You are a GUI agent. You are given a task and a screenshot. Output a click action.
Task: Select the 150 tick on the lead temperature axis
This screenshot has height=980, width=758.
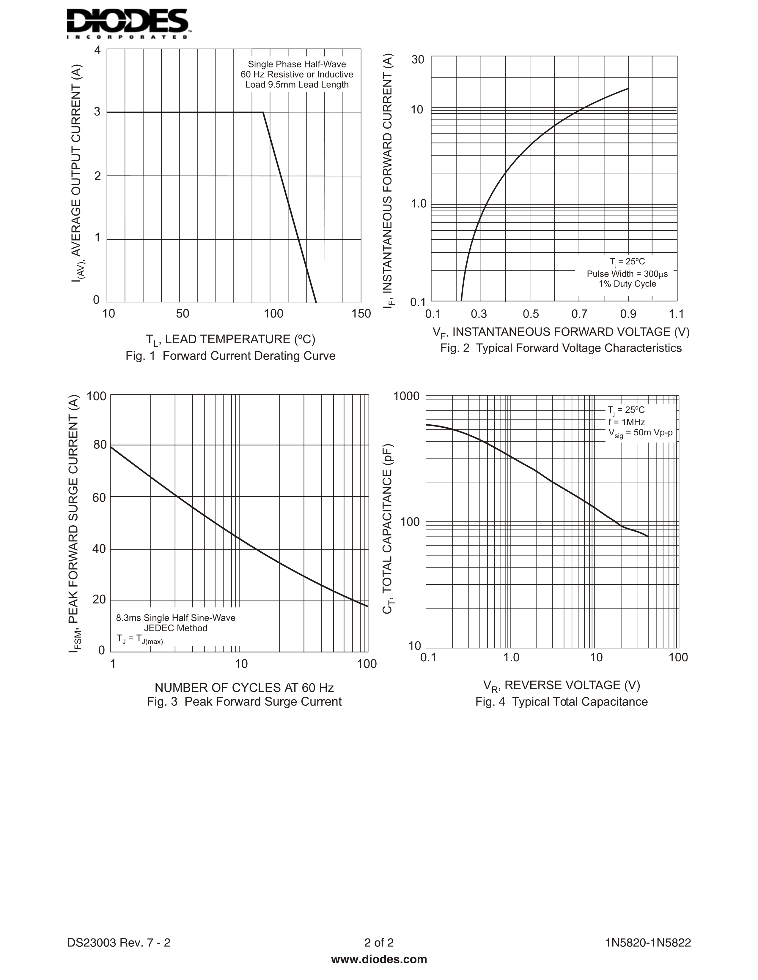(x=361, y=314)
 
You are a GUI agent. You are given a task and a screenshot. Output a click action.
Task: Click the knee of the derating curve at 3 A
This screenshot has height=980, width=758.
(x=263, y=112)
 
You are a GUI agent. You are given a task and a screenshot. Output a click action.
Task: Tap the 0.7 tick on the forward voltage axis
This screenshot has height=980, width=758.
(x=579, y=314)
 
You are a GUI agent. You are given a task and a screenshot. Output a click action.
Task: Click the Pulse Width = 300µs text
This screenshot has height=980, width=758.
(x=627, y=274)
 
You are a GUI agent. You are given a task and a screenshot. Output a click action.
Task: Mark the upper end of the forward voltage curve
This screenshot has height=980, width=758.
(x=628, y=88)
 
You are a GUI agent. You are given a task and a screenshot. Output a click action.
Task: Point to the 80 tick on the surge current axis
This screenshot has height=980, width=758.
(x=100, y=445)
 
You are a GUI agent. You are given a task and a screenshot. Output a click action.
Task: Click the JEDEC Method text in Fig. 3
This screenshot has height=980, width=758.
(x=176, y=628)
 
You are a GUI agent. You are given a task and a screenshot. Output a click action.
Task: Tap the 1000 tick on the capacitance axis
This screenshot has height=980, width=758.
(x=406, y=396)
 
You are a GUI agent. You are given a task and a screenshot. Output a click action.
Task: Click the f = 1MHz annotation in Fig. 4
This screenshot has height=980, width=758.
(x=626, y=422)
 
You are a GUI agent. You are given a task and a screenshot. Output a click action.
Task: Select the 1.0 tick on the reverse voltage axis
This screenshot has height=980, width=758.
(x=511, y=657)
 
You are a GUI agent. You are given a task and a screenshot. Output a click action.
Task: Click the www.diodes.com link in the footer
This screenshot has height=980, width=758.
(x=379, y=959)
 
